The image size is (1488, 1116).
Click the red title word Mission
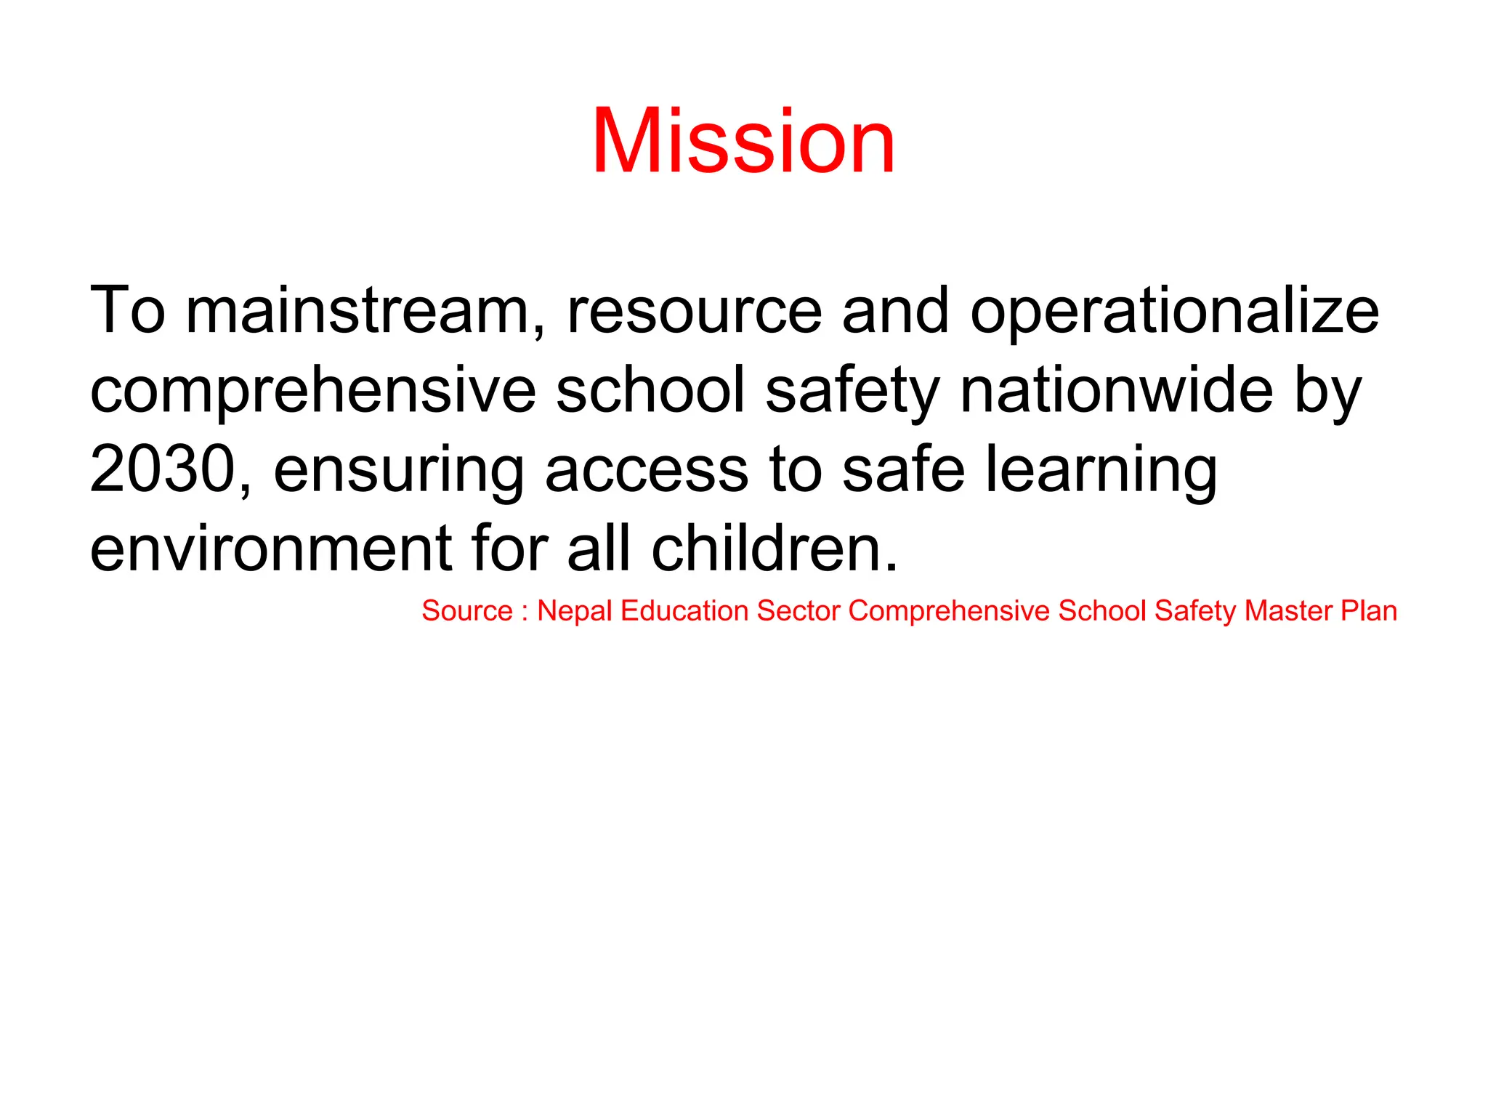(x=743, y=141)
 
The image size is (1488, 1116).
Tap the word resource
(x=694, y=312)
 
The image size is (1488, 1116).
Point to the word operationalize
(x=1174, y=312)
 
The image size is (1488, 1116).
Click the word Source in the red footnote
(x=467, y=611)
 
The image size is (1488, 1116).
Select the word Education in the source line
(x=684, y=611)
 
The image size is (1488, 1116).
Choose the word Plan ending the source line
(x=1369, y=611)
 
